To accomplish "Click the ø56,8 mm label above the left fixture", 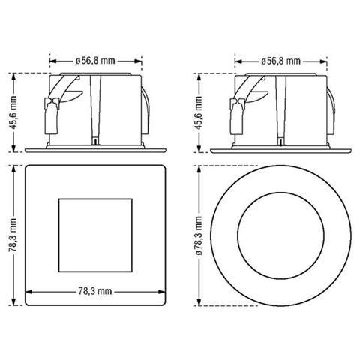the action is coord(95,61).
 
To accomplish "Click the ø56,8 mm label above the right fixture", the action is coord(280,61).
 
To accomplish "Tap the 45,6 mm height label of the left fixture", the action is coord(13,112).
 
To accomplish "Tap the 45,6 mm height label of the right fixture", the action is coord(199,112).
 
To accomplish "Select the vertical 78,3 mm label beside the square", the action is coord(13,235).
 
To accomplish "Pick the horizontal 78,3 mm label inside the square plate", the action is coord(95,291).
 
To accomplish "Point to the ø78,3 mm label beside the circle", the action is coord(199,235).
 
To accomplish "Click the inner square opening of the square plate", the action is coord(95,235).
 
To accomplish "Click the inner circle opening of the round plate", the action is coord(281,235).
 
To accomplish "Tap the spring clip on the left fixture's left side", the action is coord(51,115).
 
